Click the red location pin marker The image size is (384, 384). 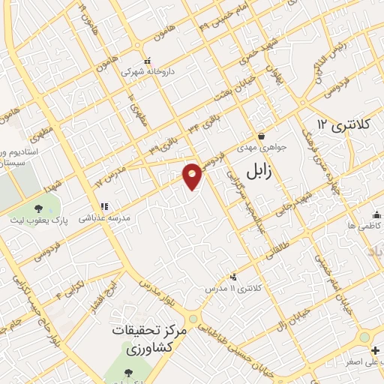(x=193, y=175)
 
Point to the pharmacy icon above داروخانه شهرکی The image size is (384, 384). (x=148, y=61)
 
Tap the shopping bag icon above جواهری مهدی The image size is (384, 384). (x=260, y=136)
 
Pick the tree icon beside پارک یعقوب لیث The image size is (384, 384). (x=37, y=207)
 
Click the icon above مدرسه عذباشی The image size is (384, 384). (x=105, y=205)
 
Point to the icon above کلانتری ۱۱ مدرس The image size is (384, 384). (x=233, y=277)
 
